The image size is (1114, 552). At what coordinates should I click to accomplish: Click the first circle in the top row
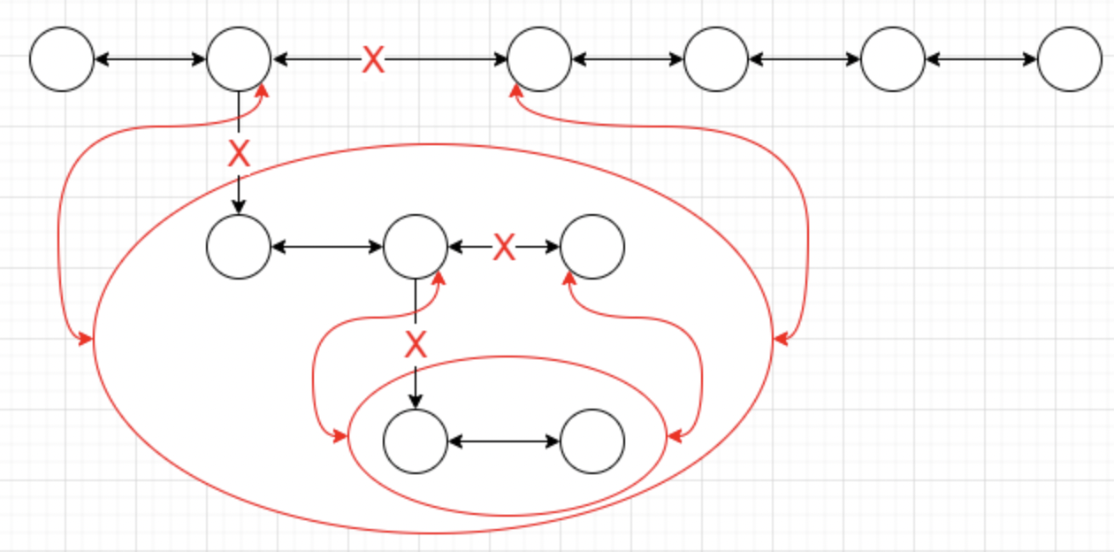(62, 59)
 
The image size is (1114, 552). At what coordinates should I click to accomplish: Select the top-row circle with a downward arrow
(239, 59)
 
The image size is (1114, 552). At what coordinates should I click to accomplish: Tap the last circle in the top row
(1070, 59)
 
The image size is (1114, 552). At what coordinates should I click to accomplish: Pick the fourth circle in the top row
(716, 59)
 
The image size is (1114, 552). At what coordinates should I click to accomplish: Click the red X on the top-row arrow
(374, 60)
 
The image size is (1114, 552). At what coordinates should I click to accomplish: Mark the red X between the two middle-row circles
(504, 247)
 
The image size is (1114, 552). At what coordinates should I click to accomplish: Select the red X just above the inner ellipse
(416, 343)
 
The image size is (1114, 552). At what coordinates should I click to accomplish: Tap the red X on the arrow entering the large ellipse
(239, 154)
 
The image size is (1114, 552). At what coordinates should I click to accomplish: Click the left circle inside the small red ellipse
(416, 441)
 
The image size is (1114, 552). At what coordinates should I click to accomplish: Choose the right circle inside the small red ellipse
(592, 441)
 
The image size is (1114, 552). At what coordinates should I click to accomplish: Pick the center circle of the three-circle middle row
(416, 247)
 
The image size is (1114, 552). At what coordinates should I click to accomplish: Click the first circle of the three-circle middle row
(239, 247)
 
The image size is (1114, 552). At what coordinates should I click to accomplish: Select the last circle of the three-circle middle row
(592, 247)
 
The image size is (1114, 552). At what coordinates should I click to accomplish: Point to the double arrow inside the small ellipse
(504, 441)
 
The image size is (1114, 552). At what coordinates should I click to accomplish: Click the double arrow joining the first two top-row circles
(150, 59)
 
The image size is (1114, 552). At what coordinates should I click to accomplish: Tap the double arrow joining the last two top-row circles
(981, 59)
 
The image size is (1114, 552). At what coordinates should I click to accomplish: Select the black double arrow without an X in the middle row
(327, 247)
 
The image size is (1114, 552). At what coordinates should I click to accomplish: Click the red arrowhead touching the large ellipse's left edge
(86, 339)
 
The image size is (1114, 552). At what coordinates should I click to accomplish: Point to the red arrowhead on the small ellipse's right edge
(675, 436)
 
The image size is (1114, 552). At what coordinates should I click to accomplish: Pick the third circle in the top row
(539, 59)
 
